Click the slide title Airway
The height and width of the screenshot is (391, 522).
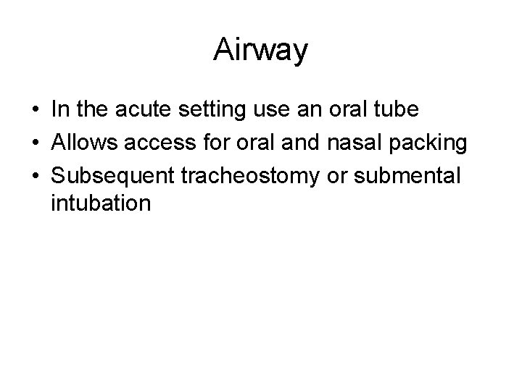261,51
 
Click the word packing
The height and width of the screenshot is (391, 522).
424,143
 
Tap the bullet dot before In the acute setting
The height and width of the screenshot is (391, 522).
36,111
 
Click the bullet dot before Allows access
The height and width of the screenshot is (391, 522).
36,142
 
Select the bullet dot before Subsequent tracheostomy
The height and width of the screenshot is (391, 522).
36,174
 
